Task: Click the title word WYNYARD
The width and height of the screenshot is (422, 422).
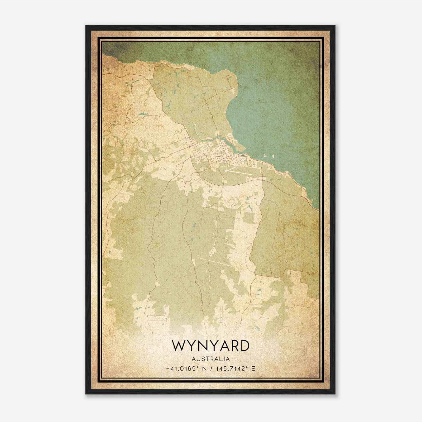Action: point(211,346)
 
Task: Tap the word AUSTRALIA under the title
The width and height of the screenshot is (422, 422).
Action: point(211,359)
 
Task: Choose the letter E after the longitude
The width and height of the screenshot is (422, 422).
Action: point(253,369)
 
